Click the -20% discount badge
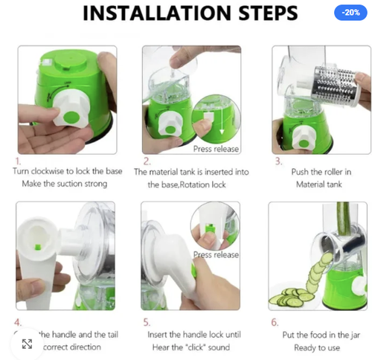pos(350,13)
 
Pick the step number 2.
pos(147,160)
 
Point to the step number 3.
pos(278,160)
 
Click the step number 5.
pos(147,323)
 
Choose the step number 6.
pos(275,323)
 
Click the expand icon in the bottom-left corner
pos(27,344)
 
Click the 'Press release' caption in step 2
pos(216,148)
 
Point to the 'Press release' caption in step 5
pos(216,254)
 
